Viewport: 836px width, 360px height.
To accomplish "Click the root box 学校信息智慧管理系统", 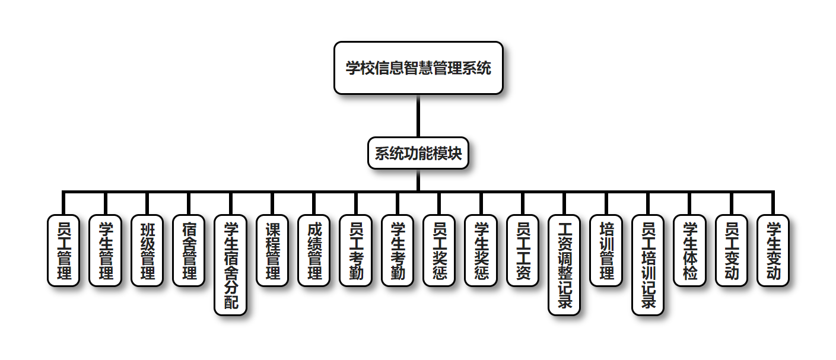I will tap(418, 68).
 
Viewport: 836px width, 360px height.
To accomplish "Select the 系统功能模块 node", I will tap(418, 153).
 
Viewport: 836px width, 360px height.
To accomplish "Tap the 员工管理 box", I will tap(63, 250).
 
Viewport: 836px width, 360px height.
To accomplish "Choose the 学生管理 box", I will tap(105, 250).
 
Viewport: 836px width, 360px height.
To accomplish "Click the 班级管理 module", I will tap(147, 250).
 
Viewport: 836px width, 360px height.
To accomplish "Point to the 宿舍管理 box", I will tap(189, 250).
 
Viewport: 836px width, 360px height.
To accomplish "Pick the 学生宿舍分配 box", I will tap(230, 265).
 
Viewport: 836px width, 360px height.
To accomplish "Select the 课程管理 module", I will tap(272, 250).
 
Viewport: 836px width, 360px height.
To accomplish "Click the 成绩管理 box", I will tap(314, 250).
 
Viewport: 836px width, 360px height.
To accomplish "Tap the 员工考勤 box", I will tap(356, 250).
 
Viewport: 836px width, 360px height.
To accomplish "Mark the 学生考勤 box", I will tap(398, 250).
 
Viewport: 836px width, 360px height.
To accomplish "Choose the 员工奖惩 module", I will tap(439, 250).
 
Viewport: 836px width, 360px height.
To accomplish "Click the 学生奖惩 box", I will tap(481, 250).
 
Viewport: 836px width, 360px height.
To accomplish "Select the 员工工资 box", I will tap(523, 250).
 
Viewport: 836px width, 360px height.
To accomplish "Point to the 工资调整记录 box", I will tap(564, 265).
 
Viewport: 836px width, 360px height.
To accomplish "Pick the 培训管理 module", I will tap(606, 250).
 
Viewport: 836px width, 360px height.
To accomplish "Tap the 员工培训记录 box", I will tap(648, 265).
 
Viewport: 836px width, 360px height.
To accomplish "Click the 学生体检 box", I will tap(690, 250).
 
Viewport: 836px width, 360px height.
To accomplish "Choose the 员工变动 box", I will tap(732, 250).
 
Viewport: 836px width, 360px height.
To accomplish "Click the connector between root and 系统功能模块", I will tap(418, 116).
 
